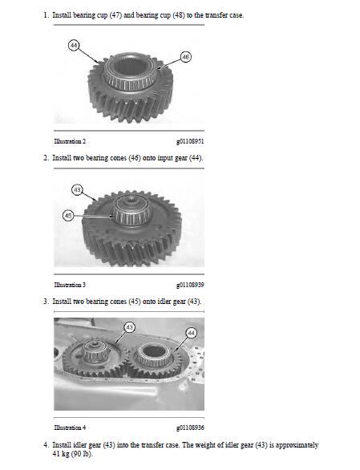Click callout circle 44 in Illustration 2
pos(74,45)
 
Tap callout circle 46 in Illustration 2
pos(186,57)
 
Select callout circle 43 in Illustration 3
pos(77,190)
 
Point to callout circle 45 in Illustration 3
pos(68,216)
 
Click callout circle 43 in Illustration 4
pos(130,327)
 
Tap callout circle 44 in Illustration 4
pos(192,333)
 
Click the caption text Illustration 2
pos(70,141)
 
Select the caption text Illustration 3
pos(70,285)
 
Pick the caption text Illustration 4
pos(70,427)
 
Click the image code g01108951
pos(190,141)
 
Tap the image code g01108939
pos(190,285)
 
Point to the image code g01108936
pos(190,427)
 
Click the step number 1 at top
pos(46,15)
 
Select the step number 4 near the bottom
pos(46,445)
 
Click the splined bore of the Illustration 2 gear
pos(130,67)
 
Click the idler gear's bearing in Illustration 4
pos(94,351)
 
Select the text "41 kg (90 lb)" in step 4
pos(72,454)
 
